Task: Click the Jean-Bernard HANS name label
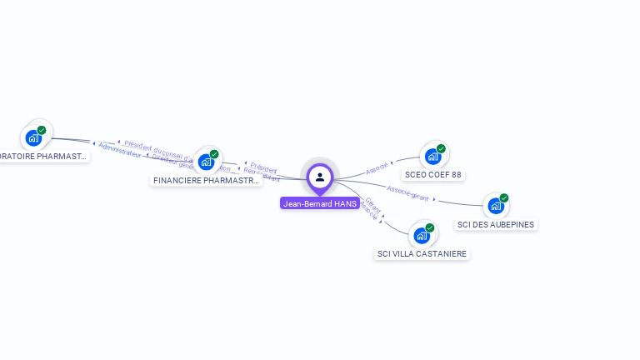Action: [320, 203]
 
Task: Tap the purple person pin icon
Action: [320, 177]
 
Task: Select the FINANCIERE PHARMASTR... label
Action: [207, 180]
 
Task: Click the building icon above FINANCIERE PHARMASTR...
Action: [206, 162]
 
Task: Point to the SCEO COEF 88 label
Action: [432, 175]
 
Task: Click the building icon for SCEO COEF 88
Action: [432, 156]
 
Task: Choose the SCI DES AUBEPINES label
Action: [496, 224]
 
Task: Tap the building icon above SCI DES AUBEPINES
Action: [496, 206]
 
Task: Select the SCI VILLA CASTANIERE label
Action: [422, 253]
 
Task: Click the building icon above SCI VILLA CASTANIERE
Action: [422, 235]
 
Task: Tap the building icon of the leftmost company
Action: [33, 137]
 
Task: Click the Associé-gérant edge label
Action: [408, 195]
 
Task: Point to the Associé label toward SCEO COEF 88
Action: [377, 167]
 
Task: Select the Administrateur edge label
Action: [120, 149]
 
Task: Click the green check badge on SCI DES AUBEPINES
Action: [504, 198]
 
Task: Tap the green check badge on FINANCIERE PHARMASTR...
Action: [214, 154]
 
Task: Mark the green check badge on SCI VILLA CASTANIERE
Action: [430, 227]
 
